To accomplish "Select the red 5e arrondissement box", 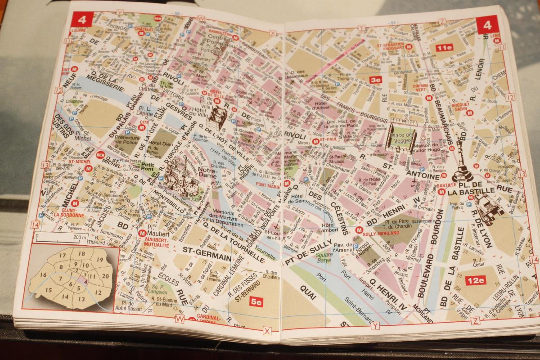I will click(x=256, y=303).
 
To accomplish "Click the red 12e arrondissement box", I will click(x=476, y=280).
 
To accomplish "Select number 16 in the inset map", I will click(x=43, y=274).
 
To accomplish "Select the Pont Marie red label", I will click(x=267, y=184).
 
